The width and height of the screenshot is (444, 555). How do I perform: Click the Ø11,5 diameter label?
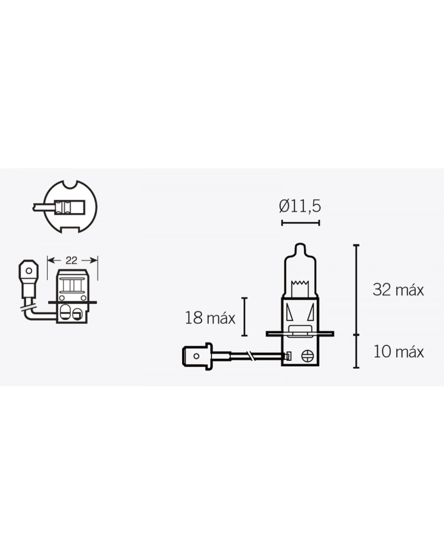pos(300,207)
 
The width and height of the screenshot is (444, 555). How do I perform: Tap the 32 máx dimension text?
pos(398,290)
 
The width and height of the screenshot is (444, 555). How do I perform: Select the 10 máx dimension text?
pos(398,352)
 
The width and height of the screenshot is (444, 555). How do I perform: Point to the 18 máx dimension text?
pos(210,318)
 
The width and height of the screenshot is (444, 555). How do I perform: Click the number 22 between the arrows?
pos(71,260)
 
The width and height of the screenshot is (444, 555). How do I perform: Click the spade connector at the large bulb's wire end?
pos(197,356)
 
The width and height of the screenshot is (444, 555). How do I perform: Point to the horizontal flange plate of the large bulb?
pos(300,334)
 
